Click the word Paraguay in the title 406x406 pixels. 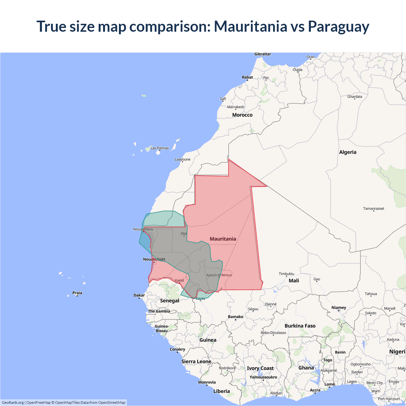point(338,27)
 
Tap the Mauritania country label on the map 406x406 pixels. point(223,239)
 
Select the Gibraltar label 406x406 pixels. point(263,54)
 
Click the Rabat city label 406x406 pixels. point(247,77)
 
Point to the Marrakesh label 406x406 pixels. point(236,107)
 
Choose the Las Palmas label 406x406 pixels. point(160,148)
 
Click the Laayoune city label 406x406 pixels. point(182,159)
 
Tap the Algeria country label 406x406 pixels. point(348,152)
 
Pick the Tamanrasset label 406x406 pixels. point(373,208)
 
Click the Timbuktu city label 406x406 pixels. point(286,274)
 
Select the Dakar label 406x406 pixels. point(139,295)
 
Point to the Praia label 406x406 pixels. point(77,293)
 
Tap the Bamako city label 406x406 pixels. point(236,317)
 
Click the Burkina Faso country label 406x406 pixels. point(300,326)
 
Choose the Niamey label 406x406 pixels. point(339,308)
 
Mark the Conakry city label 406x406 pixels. point(177,349)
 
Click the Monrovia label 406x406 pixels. point(207,382)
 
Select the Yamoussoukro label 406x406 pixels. point(263,377)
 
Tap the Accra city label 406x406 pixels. point(315,390)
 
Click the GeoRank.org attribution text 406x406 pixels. point(13,403)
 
